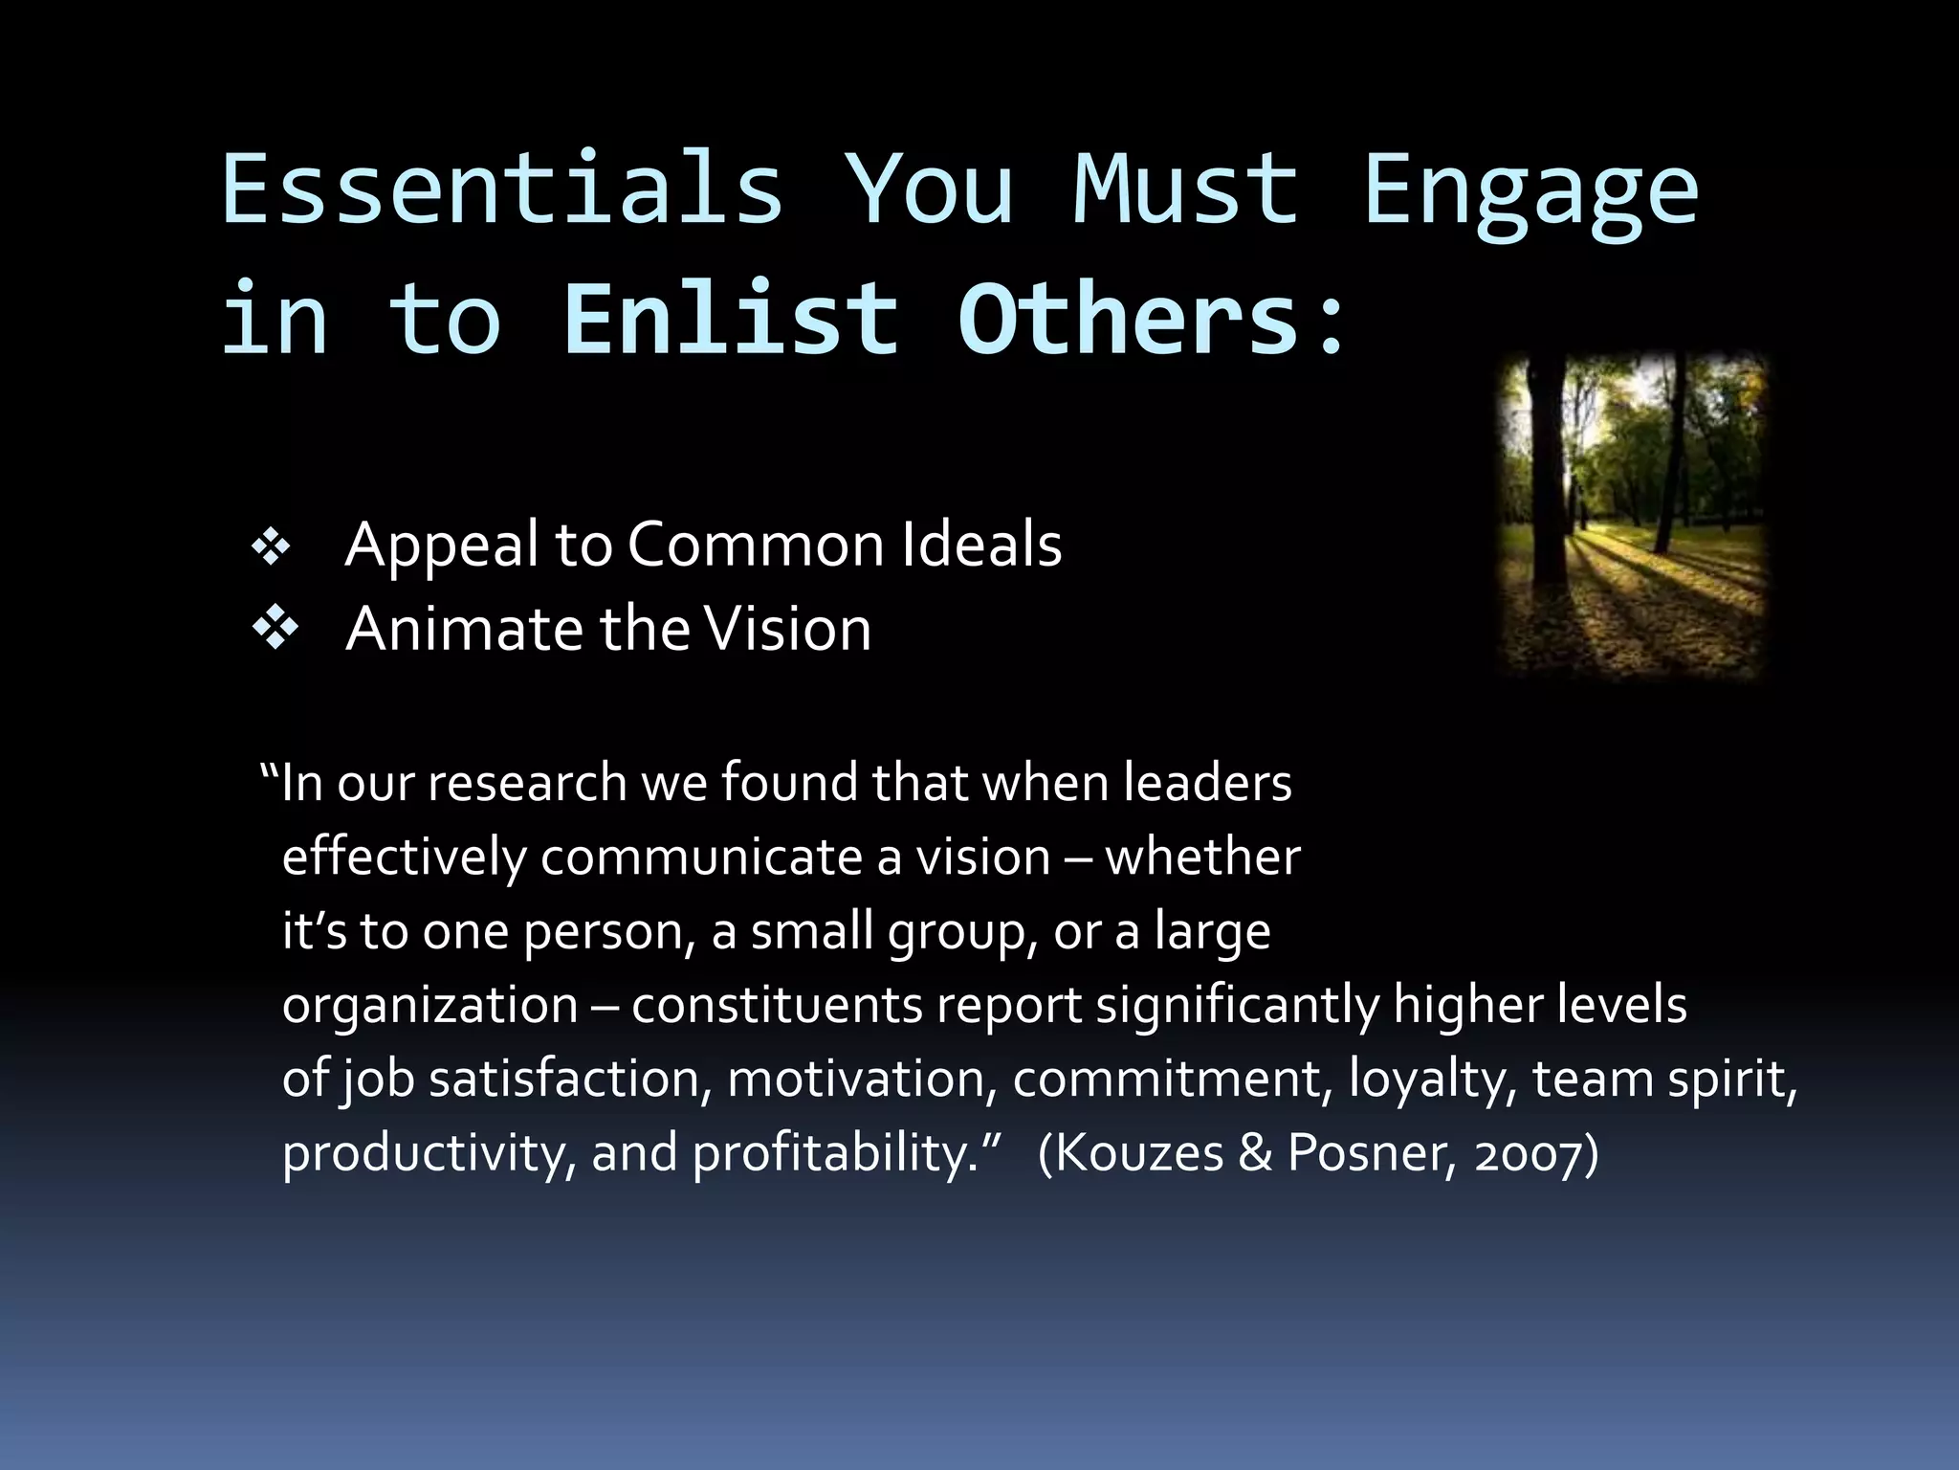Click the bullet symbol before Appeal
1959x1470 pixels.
pos(272,547)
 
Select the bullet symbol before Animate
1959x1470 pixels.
pos(275,630)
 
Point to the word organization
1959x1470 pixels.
pos(430,1005)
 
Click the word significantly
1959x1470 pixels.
pos(1238,1005)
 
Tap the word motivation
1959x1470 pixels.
pos(856,1079)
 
